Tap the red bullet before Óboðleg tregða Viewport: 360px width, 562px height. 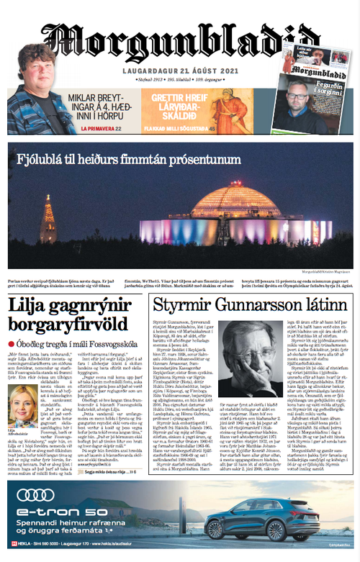(x=12, y=345)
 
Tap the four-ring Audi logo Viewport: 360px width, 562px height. (x=35, y=494)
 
